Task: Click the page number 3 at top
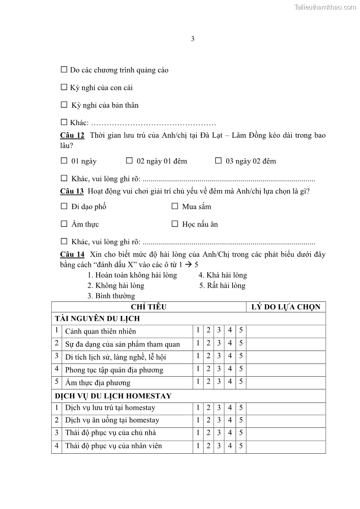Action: pyautogui.click(x=193, y=39)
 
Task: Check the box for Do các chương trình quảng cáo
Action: pyautogui.click(x=64, y=70)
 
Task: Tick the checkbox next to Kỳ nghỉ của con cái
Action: pyautogui.click(x=64, y=87)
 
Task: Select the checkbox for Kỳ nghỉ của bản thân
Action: pyautogui.click(x=64, y=105)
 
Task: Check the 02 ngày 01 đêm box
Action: pyautogui.click(x=129, y=160)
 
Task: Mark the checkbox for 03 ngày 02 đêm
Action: pyautogui.click(x=218, y=160)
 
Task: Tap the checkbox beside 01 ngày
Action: pyautogui.click(x=64, y=160)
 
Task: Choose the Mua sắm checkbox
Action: pyautogui.click(x=175, y=206)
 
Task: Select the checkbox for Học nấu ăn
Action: pyautogui.click(x=175, y=224)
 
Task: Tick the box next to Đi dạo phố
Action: pyautogui.click(x=64, y=206)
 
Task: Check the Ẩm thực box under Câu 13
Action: pyautogui.click(x=64, y=224)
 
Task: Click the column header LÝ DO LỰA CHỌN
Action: pyautogui.click(x=286, y=307)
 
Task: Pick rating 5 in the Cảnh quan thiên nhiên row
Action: pyautogui.click(x=241, y=330)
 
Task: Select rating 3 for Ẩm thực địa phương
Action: pyautogui.click(x=219, y=382)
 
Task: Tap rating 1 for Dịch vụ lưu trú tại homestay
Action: pyautogui.click(x=198, y=407)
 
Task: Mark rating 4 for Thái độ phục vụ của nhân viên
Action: pyautogui.click(x=230, y=446)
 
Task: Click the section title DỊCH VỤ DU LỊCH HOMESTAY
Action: pyautogui.click(x=113, y=396)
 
